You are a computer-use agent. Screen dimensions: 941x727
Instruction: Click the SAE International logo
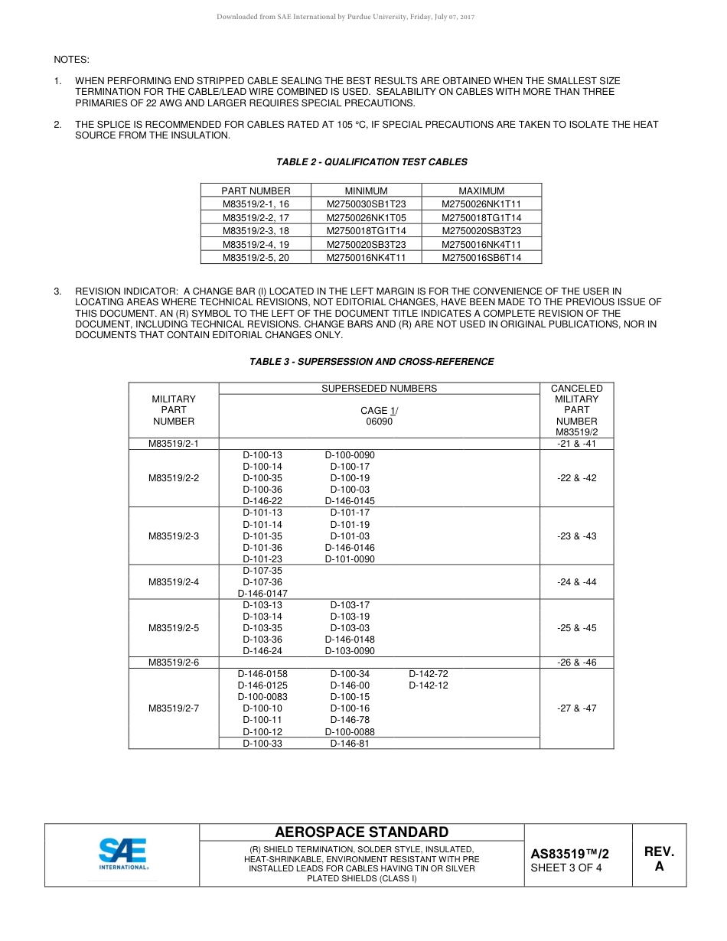point(122,854)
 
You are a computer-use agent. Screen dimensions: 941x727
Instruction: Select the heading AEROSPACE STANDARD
point(361,832)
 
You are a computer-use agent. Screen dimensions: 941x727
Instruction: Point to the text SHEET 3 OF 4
point(566,868)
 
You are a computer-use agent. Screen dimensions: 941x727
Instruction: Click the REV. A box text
point(659,859)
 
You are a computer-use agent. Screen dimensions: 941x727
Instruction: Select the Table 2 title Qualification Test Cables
point(371,162)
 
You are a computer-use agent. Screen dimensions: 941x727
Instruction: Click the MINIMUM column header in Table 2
point(366,191)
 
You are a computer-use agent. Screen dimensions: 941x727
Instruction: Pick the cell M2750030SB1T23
point(366,204)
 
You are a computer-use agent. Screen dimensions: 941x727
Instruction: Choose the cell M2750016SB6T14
point(481,258)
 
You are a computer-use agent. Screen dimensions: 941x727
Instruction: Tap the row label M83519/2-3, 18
point(256,231)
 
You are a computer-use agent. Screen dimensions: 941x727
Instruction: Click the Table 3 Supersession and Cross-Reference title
point(371,362)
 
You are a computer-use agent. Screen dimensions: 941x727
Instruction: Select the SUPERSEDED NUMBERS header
point(379,389)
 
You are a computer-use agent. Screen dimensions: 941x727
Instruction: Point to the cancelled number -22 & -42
point(576,478)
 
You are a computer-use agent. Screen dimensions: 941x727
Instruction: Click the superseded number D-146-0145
point(350,501)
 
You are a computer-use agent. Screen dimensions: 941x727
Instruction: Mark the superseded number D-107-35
point(262,571)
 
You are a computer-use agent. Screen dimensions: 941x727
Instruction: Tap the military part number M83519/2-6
point(174,663)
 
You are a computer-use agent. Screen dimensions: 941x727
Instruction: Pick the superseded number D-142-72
point(429,674)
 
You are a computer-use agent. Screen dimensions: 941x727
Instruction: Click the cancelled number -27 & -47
point(576,708)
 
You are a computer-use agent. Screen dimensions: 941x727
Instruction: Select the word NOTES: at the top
point(71,60)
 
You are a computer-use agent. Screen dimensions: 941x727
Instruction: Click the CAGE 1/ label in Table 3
point(379,411)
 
